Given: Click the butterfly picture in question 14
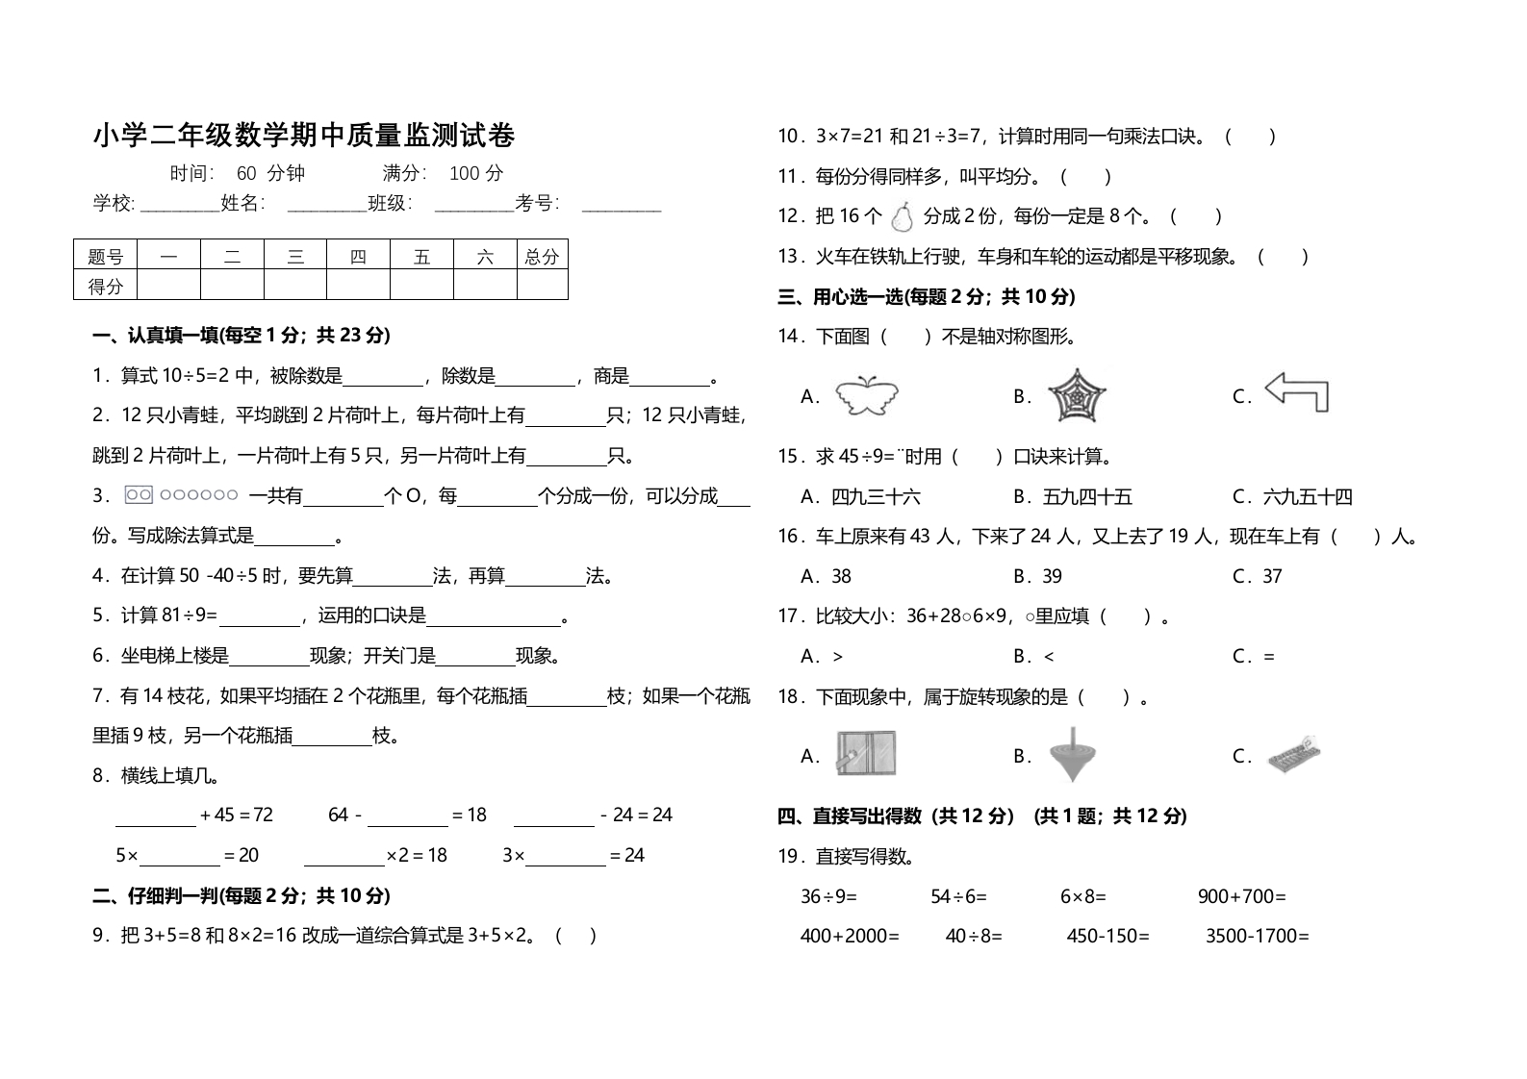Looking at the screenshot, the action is [866, 396].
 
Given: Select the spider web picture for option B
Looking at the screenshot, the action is [1076, 395].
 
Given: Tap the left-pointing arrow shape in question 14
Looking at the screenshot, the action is [1296, 392].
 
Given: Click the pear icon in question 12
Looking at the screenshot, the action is [902, 217].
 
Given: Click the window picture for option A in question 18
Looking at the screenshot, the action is [866, 755].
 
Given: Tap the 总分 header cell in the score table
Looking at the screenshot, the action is [542, 256].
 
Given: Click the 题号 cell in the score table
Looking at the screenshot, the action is [106, 256].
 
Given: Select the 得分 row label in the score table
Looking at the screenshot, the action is [106, 286].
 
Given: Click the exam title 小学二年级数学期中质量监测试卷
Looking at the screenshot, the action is [304, 136].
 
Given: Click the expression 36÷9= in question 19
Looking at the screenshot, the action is [828, 896].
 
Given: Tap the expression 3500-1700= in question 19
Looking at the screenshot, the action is [1258, 936].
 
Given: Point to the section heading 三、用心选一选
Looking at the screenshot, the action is [926, 297].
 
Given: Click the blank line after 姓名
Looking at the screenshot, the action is [325, 205].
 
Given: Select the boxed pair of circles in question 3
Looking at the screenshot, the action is [139, 495].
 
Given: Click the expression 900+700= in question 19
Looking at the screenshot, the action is [1241, 896].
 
